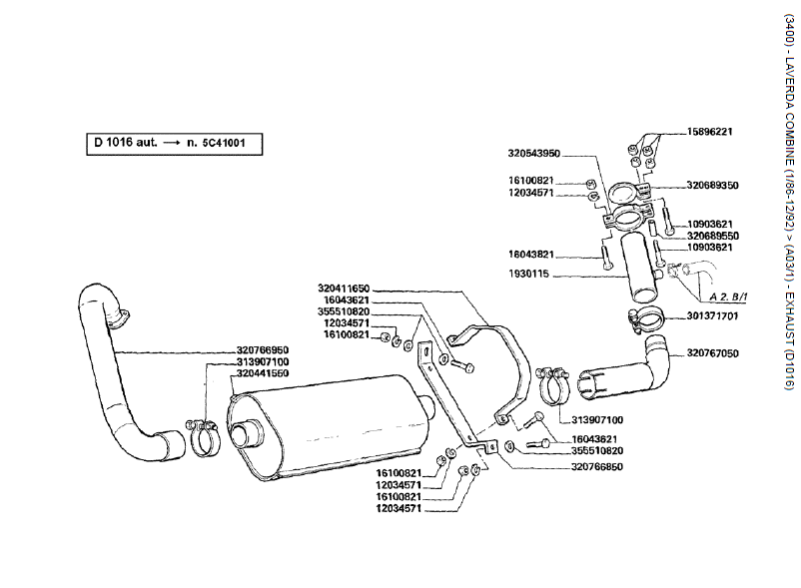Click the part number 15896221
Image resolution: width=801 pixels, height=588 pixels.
(x=710, y=131)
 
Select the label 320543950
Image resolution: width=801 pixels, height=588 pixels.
(x=533, y=154)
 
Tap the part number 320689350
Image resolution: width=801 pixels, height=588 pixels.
(x=712, y=185)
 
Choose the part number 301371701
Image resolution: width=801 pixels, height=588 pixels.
(x=712, y=316)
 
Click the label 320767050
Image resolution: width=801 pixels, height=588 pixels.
(x=712, y=353)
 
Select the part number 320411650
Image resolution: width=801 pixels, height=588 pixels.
(x=344, y=288)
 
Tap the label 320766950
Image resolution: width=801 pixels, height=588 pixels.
(x=263, y=321)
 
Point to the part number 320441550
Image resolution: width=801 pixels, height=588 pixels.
(x=263, y=344)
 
